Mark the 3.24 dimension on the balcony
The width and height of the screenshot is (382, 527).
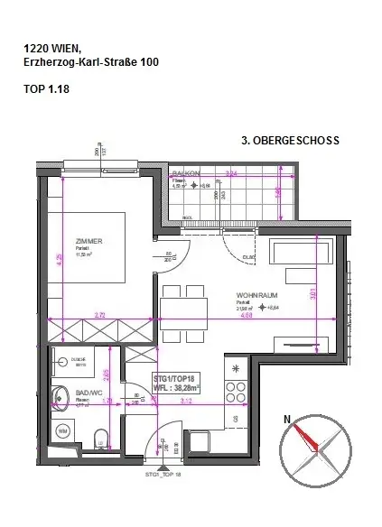231,172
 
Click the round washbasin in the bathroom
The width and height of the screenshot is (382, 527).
61,393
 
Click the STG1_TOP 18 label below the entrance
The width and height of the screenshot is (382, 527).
163,474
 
